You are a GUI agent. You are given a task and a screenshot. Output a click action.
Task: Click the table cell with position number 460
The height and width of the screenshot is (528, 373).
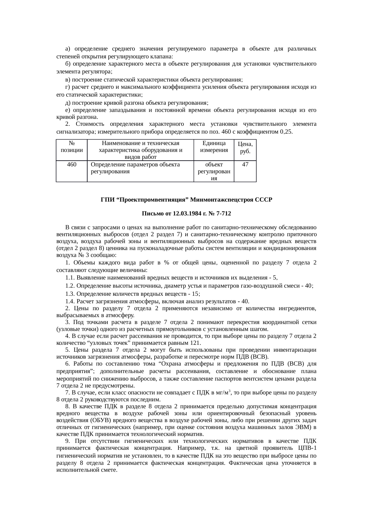point(71,165)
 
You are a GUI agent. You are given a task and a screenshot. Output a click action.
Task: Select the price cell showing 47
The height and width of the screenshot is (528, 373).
point(245,165)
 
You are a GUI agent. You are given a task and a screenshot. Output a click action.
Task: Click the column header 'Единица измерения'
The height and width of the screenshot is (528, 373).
point(214,147)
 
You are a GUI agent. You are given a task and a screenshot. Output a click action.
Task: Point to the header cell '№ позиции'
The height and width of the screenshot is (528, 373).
point(71,147)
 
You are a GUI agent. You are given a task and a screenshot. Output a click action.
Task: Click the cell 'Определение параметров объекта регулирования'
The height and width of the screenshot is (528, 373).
point(135,168)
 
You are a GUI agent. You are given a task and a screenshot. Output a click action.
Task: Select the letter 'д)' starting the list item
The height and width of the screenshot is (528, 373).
point(67,103)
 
